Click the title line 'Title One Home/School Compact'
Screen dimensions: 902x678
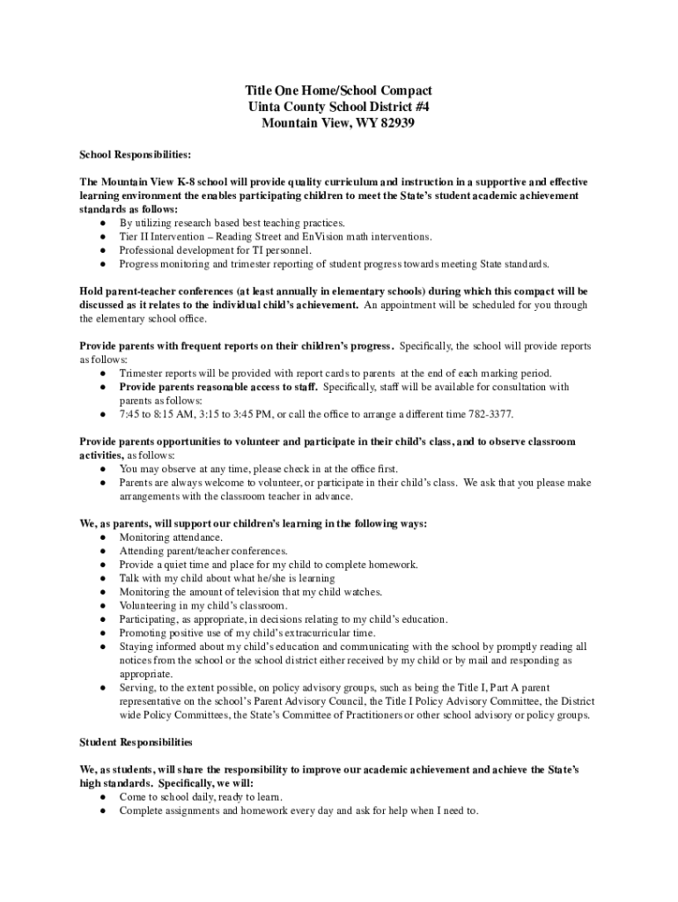338,91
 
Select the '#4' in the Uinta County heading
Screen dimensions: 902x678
418,107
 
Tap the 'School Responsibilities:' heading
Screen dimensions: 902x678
135,154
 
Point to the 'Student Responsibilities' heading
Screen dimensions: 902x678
136,743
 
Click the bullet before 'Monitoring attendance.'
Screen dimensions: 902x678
104,537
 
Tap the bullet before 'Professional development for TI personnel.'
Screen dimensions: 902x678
104,250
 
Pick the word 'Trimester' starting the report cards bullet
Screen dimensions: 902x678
143,373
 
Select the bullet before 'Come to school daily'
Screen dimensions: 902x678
104,797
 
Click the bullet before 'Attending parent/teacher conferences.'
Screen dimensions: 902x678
104,551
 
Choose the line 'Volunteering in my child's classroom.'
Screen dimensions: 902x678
203,606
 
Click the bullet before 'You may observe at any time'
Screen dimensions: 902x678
104,469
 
